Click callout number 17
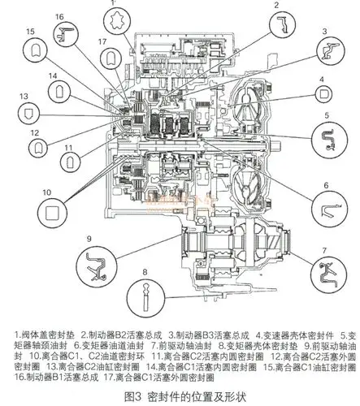coord(102,41)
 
